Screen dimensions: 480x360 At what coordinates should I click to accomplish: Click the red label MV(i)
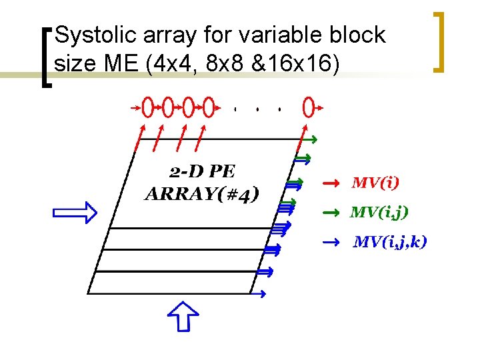point(376,182)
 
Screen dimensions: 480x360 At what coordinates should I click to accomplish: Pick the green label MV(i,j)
point(379,212)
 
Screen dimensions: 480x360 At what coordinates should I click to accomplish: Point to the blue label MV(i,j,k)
point(390,241)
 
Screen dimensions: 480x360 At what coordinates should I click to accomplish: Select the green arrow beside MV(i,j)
point(331,213)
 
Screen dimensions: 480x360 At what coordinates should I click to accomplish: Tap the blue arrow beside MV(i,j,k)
point(331,242)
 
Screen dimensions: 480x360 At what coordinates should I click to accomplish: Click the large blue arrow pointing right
point(75,213)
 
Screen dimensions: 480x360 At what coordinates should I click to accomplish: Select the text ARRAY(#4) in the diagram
point(201,194)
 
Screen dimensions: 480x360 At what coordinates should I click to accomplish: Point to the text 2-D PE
point(202,172)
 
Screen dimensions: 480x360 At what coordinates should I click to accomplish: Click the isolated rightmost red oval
point(308,106)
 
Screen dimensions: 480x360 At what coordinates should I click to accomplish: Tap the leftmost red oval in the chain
point(148,106)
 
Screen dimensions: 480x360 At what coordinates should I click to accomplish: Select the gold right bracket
point(439,41)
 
